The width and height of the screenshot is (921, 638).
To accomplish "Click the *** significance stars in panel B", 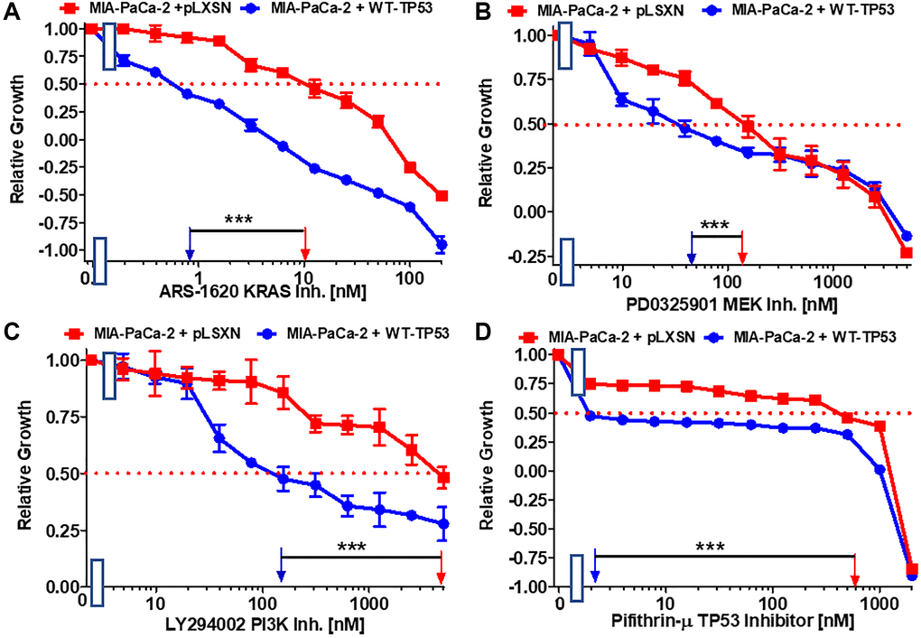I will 715,225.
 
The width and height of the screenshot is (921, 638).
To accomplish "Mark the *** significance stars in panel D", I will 710,547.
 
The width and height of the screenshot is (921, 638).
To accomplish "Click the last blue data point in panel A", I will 442,244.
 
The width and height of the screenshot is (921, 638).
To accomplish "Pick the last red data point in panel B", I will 907,253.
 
